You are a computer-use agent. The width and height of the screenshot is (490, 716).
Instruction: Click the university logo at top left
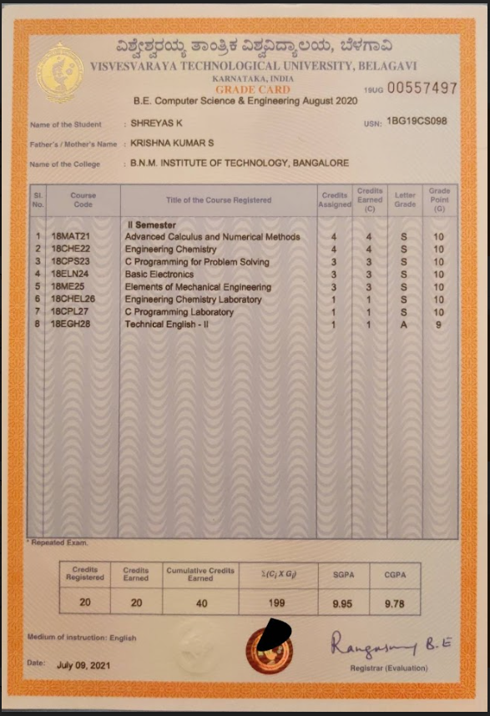[x=59, y=73]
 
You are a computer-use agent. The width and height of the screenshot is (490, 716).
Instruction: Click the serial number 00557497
[x=422, y=88]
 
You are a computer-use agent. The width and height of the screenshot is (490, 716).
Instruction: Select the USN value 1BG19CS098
[x=417, y=121]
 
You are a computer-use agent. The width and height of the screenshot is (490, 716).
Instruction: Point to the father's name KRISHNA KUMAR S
[x=172, y=144]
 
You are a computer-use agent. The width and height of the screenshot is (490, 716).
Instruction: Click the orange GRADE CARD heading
[x=253, y=89]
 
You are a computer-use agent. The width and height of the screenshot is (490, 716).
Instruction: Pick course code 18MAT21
[x=71, y=237]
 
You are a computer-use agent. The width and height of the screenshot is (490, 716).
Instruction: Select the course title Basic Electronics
[x=159, y=275]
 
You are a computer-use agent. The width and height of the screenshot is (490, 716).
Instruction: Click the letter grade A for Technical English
[x=404, y=325]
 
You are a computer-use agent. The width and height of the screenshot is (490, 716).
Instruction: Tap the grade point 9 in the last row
[x=439, y=325]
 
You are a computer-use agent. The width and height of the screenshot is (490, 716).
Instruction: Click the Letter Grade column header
[x=405, y=199]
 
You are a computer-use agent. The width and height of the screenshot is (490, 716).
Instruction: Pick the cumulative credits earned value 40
[x=200, y=603]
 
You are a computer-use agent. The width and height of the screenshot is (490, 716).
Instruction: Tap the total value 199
[x=276, y=603]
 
